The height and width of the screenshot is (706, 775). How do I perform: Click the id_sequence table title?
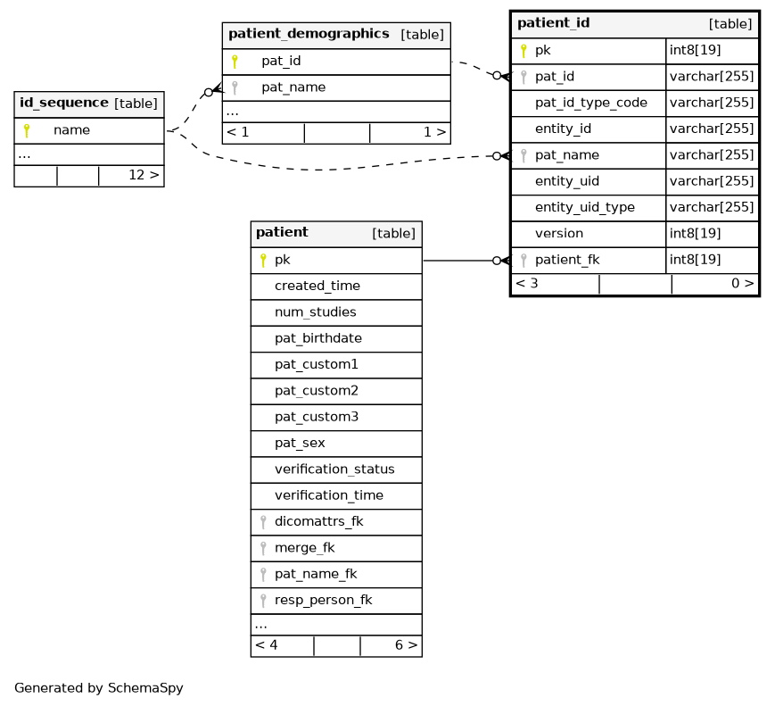[x=63, y=103]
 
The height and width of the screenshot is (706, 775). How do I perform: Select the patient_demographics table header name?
[x=309, y=34]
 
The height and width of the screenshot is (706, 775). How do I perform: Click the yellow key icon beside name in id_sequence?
[x=27, y=130]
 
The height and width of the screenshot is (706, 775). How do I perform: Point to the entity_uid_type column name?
[x=585, y=207]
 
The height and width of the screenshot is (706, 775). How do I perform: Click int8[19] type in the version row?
[x=695, y=234]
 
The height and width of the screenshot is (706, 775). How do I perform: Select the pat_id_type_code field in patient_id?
[x=591, y=103]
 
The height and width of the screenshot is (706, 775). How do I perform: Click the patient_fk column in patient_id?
[x=567, y=260]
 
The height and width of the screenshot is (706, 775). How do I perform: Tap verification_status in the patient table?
[x=334, y=469]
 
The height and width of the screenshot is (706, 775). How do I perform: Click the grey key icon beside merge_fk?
[x=263, y=548]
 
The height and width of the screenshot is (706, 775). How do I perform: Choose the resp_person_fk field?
[x=323, y=600]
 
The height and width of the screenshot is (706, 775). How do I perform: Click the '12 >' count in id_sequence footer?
[x=144, y=175]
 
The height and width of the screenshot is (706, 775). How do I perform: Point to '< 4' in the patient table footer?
[x=267, y=645]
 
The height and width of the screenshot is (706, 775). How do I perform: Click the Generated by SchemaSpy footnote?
[x=99, y=688]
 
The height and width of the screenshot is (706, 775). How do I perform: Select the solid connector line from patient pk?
[x=458, y=261]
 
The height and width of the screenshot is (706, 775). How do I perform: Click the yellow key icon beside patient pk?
[x=263, y=261]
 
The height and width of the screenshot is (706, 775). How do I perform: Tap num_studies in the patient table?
[x=316, y=312]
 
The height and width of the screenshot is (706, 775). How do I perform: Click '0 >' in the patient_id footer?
[x=743, y=284]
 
